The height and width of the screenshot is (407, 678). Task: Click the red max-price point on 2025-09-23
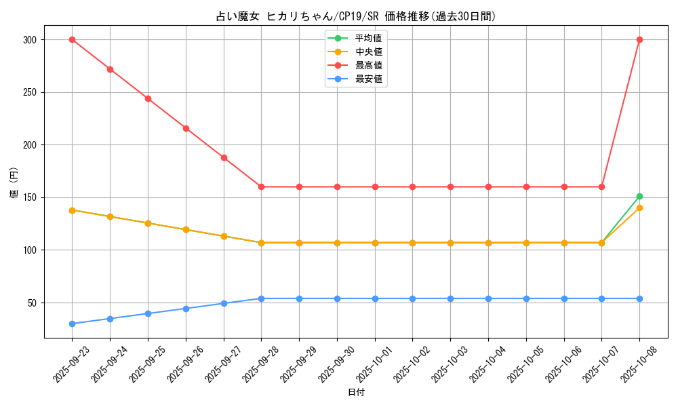pos(72,39)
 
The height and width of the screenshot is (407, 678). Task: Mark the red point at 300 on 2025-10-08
pos(639,39)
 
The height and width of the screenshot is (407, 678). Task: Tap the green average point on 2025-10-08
pos(639,196)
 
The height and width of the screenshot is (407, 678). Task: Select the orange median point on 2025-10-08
pos(639,208)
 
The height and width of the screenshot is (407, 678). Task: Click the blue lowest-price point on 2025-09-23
pos(72,324)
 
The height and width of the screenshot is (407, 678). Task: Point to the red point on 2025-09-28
pos(261,187)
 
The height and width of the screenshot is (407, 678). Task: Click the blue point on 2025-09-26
pos(186,309)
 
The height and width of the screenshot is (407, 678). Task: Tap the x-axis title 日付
pos(356,393)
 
